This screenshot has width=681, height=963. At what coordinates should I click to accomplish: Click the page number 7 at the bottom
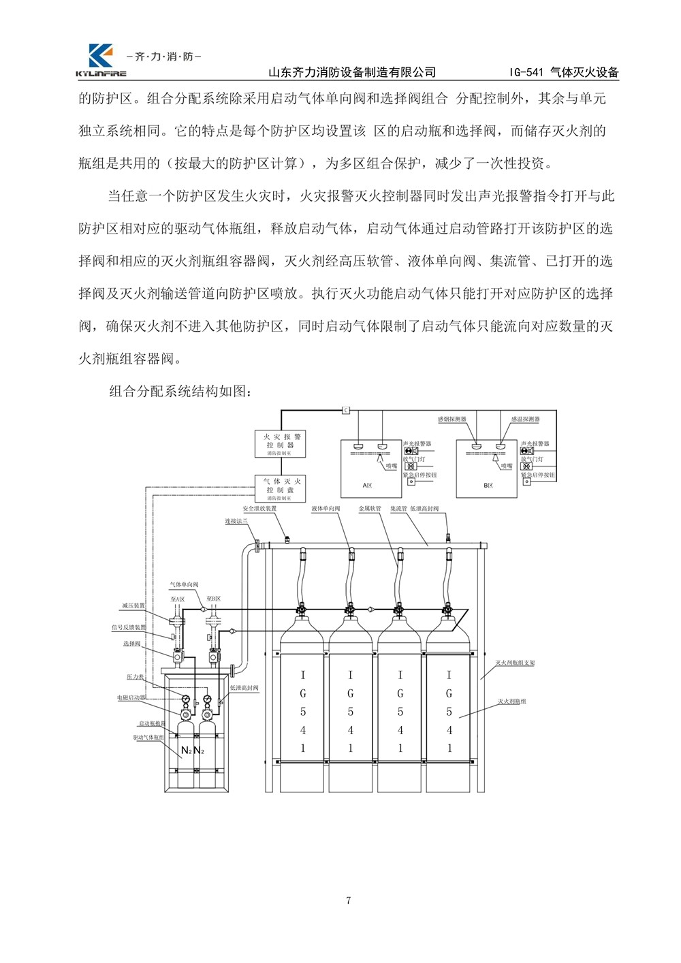pos(349,901)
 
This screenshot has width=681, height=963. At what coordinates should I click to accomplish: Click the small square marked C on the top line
pos(345,410)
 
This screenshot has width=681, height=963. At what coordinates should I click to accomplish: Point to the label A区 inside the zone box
pos(368,486)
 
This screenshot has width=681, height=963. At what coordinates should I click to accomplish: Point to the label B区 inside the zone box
pos(488,486)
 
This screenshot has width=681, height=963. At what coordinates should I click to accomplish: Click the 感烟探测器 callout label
pos(450,420)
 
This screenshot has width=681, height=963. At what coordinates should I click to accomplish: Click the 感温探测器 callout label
pos(525,420)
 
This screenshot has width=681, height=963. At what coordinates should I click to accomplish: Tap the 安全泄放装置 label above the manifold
pos(259,508)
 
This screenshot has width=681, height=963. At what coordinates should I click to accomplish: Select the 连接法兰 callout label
pos(236,521)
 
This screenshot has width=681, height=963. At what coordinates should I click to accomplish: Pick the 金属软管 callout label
pos(370,508)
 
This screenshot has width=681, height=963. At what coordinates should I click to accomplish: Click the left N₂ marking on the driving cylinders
pos(186,751)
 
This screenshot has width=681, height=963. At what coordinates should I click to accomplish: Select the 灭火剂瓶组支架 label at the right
pos(514,662)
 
